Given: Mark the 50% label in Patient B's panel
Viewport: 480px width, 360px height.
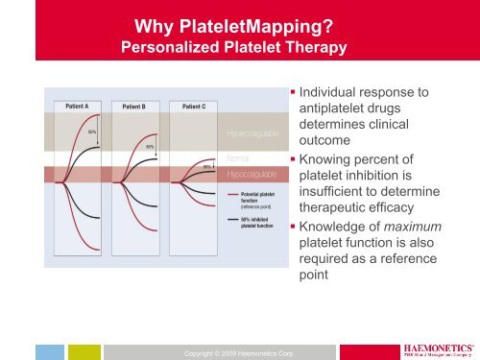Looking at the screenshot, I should point(150,146).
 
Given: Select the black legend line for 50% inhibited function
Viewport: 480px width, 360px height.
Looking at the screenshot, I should point(233,219).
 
